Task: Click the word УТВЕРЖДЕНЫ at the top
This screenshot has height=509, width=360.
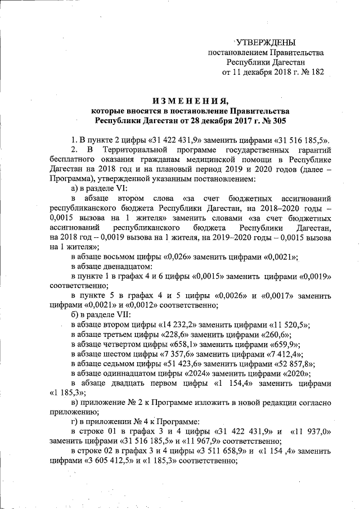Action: pyautogui.click(x=265, y=42)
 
